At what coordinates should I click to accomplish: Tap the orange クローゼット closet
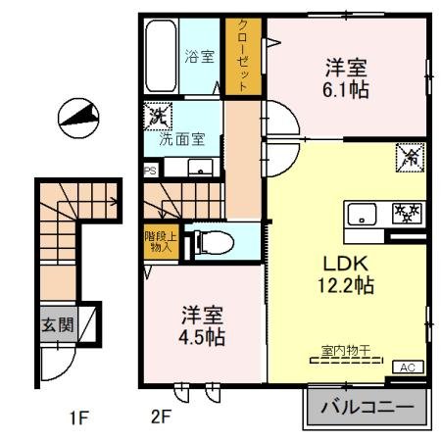point(238,57)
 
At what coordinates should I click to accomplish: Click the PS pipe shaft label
point(150,169)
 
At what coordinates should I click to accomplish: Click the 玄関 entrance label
point(57,324)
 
